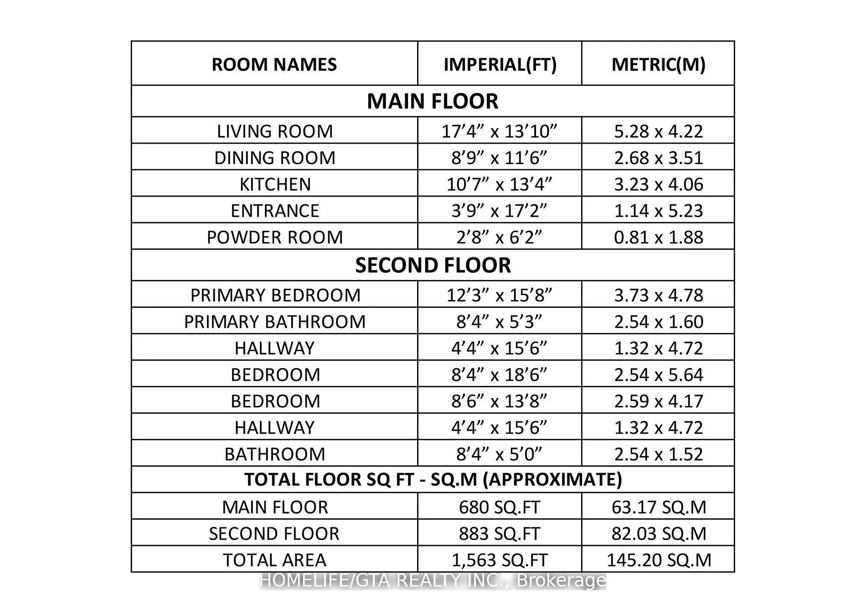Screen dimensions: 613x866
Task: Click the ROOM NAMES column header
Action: [x=274, y=64]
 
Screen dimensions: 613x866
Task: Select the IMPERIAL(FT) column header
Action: [x=500, y=64]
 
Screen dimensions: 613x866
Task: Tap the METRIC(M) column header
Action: [x=658, y=64]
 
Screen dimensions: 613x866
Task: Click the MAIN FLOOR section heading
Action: [x=432, y=101]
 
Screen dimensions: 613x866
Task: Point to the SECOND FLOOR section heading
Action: [x=433, y=265]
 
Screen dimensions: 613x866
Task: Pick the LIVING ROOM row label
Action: [x=274, y=131]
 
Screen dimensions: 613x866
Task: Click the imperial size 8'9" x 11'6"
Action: [x=499, y=158]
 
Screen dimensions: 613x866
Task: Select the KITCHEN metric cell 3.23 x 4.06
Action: [x=658, y=184]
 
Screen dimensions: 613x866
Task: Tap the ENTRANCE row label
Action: [x=274, y=211]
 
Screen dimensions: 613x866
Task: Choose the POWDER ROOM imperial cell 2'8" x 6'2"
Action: [x=499, y=237]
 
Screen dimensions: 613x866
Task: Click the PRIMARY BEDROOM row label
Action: [x=275, y=295]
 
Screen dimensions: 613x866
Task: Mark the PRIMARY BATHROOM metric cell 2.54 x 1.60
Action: [x=658, y=322]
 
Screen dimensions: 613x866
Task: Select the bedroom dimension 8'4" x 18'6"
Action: [x=499, y=374]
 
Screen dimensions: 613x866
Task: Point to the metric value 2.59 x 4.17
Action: [x=658, y=401]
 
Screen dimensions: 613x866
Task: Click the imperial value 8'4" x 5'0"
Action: [x=499, y=454]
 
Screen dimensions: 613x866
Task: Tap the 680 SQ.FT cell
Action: [x=499, y=507]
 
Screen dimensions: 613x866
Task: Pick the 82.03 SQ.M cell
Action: [x=658, y=534]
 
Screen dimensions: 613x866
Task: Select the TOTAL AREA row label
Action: [x=274, y=560]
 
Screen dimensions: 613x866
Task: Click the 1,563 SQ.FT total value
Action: [x=499, y=560]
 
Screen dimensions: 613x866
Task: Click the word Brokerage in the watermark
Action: [x=562, y=581]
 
